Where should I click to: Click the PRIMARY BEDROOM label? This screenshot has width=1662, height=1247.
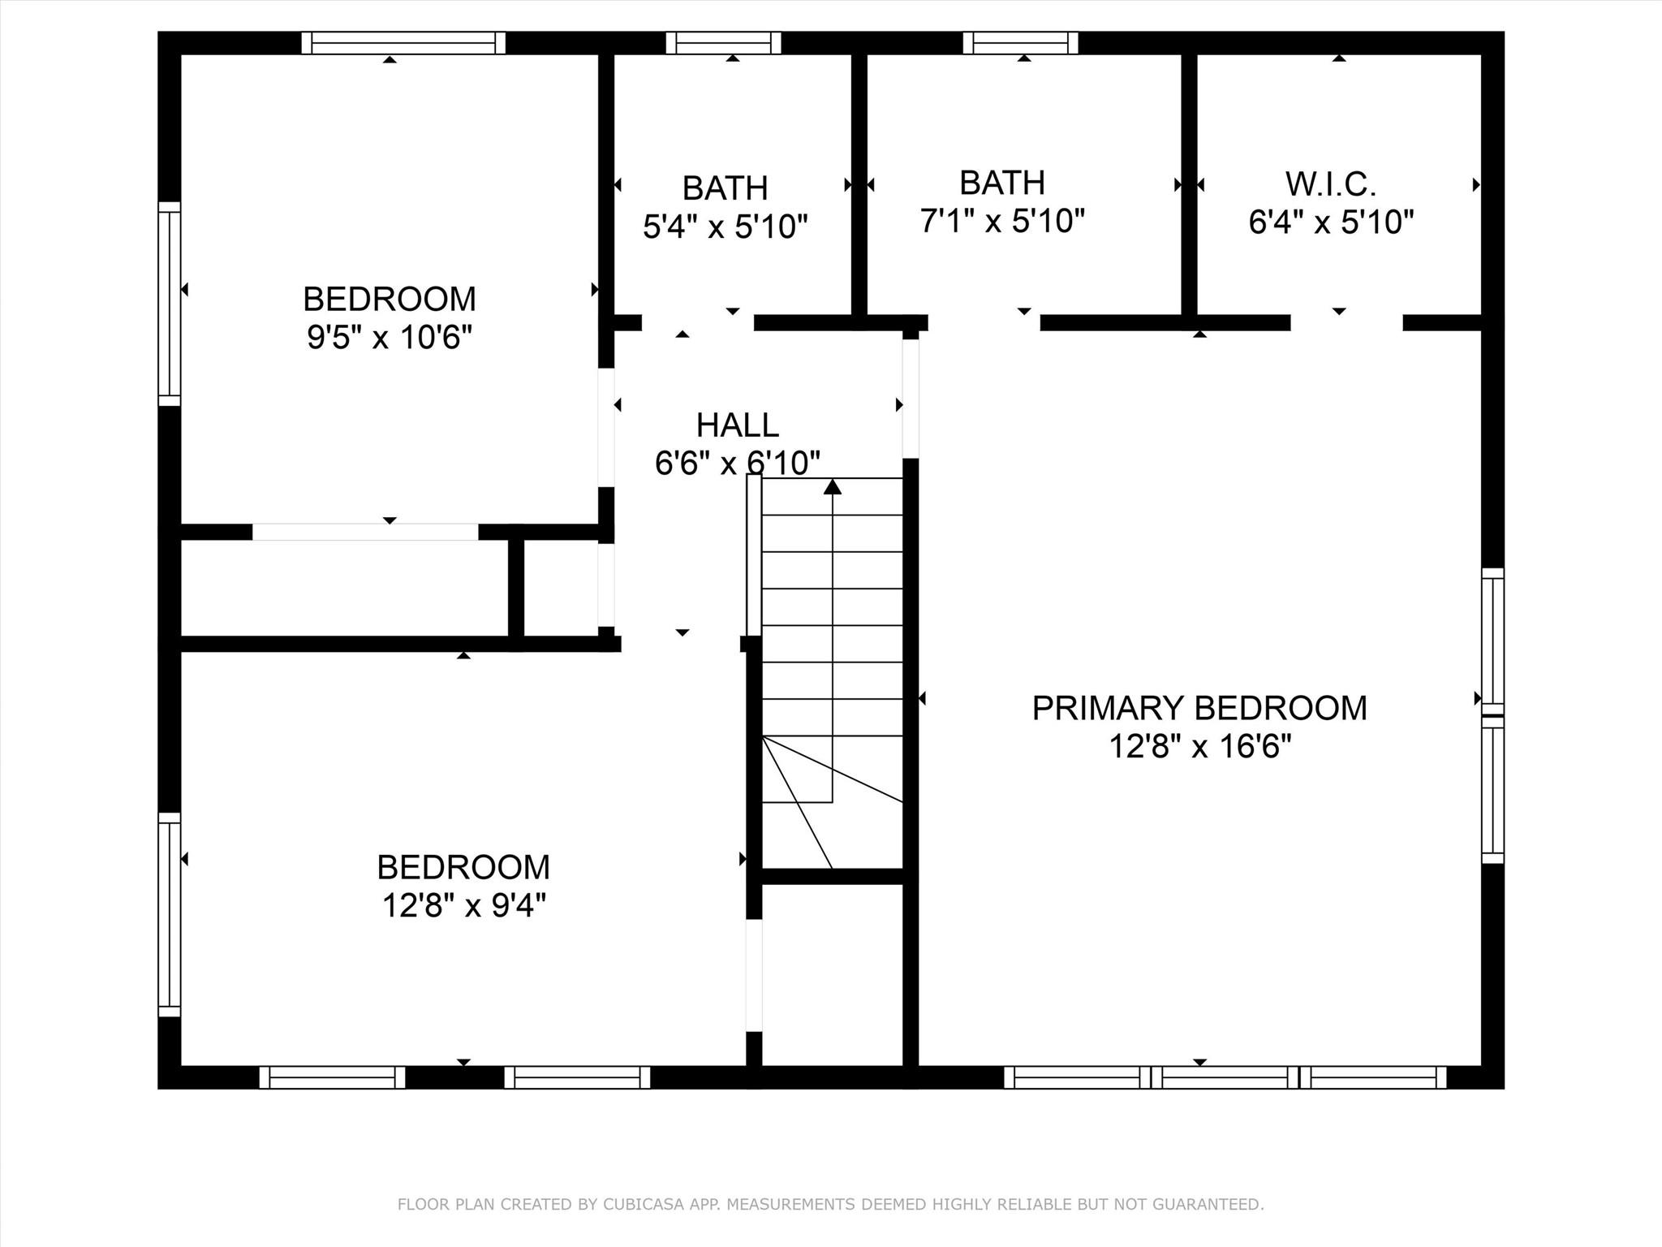pos(1199,708)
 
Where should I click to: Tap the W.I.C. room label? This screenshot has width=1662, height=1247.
pos(1330,184)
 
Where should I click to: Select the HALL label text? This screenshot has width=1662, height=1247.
pos(737,425)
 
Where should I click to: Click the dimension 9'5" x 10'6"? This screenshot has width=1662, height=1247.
pos(389,336)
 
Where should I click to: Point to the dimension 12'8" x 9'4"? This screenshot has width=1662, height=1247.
pos(463,904)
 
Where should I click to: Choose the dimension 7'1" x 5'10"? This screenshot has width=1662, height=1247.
pos(1002,220)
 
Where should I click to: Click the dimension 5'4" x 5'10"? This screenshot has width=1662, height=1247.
pos(725,227)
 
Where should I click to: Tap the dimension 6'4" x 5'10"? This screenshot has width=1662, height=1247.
pos(1331,222)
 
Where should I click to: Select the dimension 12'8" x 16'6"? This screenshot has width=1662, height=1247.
pos(1199,745)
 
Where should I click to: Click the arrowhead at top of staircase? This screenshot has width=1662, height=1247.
pos(833,487)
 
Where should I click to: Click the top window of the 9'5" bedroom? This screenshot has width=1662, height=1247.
pos(403,43)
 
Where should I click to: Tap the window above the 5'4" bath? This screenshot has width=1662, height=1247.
pos(723,43)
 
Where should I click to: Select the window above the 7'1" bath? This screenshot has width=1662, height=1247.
pos(1021,43)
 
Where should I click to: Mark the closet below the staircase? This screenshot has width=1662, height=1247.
pos(833,974)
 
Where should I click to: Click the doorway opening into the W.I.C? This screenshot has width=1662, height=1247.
pos(1346,322)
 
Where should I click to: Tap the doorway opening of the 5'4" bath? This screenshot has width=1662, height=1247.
pos(698,322)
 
